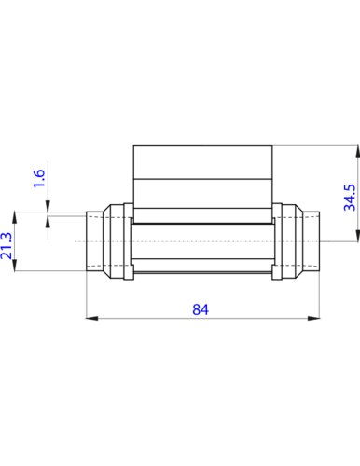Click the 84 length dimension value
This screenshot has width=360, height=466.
click(x=201, y=309)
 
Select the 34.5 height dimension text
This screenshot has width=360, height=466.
click(x=350, y=198)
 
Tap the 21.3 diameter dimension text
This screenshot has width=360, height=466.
click(x=7, y=245)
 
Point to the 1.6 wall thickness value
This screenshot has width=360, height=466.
click(x=39, y=178)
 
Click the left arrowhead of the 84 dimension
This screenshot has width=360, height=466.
click(x=91, y=318)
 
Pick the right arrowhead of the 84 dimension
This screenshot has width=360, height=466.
click(x=314, y=318)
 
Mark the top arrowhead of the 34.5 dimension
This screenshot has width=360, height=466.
click(x=357, y=152)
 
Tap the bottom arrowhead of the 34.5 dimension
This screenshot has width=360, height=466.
click(x=357, y=235)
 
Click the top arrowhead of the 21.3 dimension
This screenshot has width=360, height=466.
click(x=14, y=217)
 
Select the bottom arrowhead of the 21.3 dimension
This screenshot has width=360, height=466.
click(x=14, y=265)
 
